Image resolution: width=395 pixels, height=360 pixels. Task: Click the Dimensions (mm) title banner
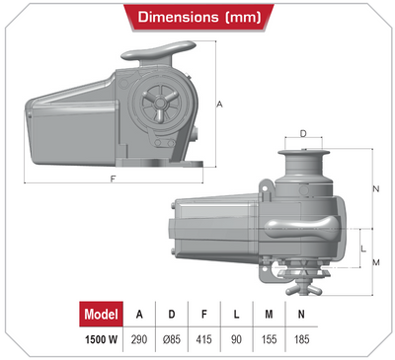pos(198,17)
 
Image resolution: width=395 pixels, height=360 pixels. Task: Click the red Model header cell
pos(101,314)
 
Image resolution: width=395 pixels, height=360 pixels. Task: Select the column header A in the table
pos(139,315)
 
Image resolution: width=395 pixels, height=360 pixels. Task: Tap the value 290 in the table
pos(139,339)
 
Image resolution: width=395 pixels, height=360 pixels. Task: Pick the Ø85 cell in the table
pos(172,339)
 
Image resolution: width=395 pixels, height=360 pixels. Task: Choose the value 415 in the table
pos(203,339)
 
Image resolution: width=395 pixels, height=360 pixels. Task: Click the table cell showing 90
pos(236,339)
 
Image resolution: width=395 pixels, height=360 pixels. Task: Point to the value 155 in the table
pos(269,339)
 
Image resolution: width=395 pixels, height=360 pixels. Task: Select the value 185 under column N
pos(301,339)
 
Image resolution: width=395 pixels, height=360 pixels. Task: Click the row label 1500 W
pos(101,339)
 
